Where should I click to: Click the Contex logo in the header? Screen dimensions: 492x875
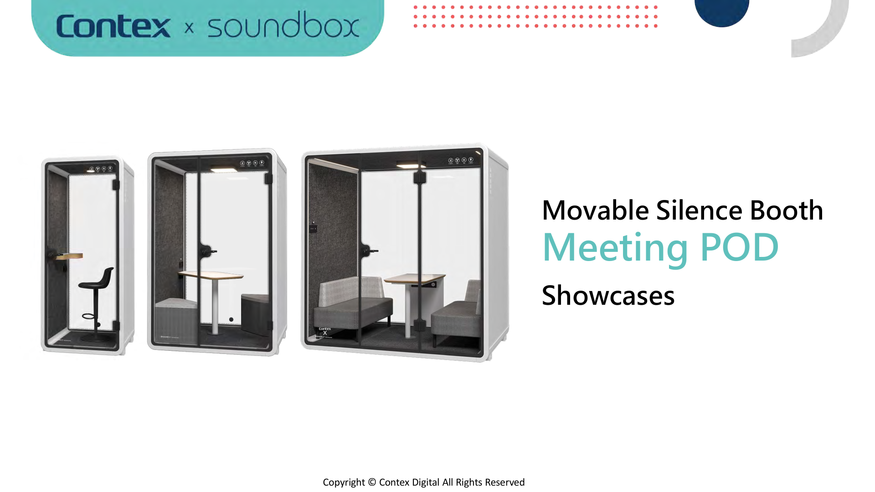(x=113, y=26)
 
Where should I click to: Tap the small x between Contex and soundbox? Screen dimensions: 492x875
(x=189, y=28)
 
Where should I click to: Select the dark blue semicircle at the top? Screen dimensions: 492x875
(x=721, y=11)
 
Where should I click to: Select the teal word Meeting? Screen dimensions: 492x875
(x=615, y=248)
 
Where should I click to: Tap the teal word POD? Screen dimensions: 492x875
(x=739, y=247)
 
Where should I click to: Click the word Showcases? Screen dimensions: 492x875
(x=608, y=296)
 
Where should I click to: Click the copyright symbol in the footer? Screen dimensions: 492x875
(x=372, y=482)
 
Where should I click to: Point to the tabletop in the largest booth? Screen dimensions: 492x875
(x=415, y=277)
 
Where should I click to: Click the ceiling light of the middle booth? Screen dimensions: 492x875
(x=223, y=169)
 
